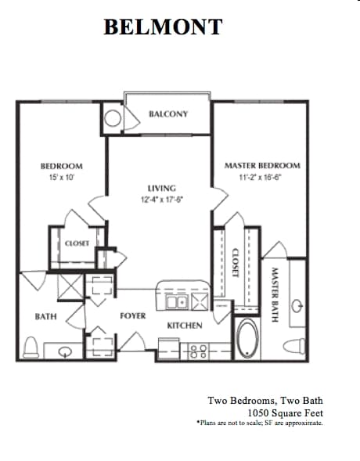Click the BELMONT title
point(163,27)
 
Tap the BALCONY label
point(168,114)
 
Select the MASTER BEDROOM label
point(262,165)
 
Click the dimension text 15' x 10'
point(62,178)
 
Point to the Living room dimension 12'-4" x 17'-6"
point(162,200)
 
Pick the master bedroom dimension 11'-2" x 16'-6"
point(261,178)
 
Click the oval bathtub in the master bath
point(247,338)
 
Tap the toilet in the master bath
point(294,346)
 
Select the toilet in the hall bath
point(31,348)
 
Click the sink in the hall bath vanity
point(65,351)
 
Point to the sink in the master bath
point(297,306)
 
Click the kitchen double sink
point(177,302)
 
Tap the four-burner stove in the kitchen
point(198,351)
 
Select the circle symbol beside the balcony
point(113,118)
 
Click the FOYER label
point(133,315)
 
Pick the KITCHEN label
point(185,326)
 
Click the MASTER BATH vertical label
point(275,294)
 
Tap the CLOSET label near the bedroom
point(77,243)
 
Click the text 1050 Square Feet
point(285,413)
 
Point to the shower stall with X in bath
point(70,286)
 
